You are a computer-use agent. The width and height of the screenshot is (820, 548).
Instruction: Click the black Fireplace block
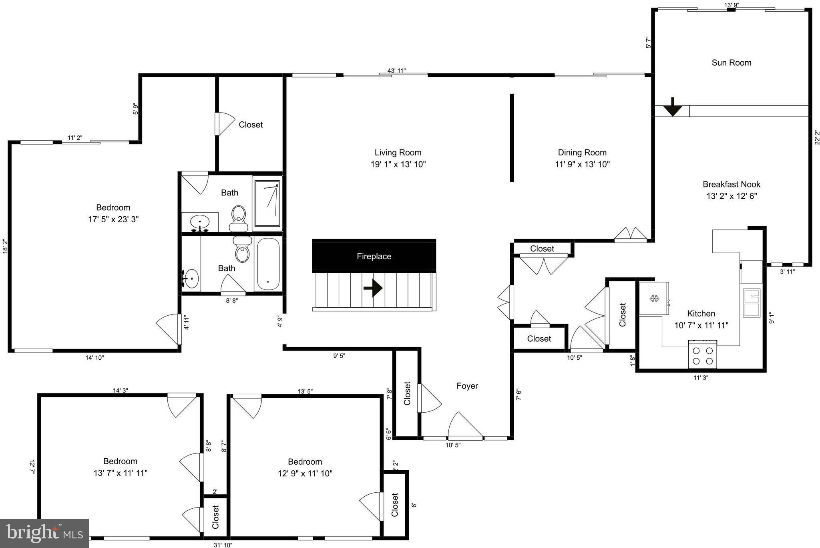(374, 256)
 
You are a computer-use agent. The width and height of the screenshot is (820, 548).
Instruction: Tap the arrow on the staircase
(373, 288)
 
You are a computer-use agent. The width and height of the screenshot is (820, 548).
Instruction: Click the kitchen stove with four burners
(703, 355)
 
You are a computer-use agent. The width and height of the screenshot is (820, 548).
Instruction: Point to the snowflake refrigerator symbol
(654, 298)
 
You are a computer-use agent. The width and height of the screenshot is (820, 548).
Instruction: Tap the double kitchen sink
(752, 303)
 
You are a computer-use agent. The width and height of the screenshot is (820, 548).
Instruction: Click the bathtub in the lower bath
(268, 264)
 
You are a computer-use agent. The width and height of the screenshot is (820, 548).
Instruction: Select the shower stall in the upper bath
(267, 203)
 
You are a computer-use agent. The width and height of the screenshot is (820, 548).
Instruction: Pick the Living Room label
(398, 153)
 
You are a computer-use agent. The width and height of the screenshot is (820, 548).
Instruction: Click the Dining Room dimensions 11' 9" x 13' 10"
(582, 164)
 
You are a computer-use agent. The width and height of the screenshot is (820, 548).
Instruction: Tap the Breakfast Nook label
(731, 184)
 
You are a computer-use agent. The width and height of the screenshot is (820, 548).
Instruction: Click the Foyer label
(467, 386)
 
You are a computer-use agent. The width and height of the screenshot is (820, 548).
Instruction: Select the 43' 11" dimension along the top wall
(396, 71)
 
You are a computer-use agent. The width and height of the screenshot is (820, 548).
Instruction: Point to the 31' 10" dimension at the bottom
(223, 545)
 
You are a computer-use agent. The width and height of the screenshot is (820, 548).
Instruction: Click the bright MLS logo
(44, 533)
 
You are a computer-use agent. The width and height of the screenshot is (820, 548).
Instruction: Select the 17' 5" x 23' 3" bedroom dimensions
(113, 220)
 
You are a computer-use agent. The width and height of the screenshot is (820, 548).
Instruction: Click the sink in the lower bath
(191, 277)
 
